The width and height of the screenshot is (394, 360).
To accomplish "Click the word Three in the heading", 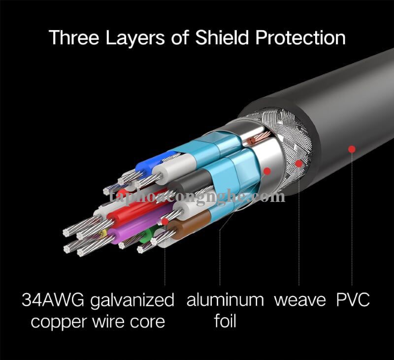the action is click(x=74, y=37).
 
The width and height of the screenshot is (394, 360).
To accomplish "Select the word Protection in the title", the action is click(x=300, y=38).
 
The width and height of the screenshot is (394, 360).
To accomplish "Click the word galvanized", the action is click(x=132, y=301).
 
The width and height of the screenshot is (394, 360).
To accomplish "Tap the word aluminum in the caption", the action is click(x=225, y=300).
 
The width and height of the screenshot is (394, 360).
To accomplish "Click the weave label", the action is click(x=300, y=300).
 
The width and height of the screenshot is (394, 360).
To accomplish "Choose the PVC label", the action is click(x=353, y=300).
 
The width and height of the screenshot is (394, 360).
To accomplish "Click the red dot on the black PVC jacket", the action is click(x=352, y=149).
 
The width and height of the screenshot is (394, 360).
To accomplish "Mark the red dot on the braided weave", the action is click(x=299, y=164).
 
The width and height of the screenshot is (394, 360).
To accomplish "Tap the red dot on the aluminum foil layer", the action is click(x=267, y=171).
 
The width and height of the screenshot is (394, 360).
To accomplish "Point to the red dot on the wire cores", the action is click(x=165, y=222).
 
